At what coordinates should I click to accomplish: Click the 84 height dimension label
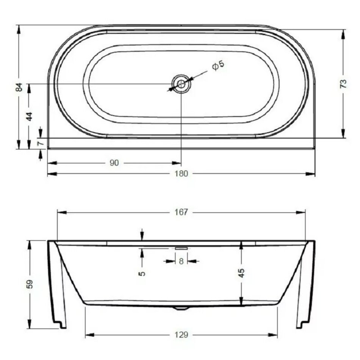point(19,87)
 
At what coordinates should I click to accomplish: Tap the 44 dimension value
point(30,116)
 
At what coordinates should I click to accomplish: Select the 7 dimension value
point(41,143)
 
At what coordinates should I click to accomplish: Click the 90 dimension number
point(114,163)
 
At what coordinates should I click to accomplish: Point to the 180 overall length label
point(182,174)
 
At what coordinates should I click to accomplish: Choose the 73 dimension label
point(343,84)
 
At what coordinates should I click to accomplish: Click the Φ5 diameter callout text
point(218,66)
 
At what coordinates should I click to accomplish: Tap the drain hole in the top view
point(181,84)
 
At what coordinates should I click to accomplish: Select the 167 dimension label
point(182,212)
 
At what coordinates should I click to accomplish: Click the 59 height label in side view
point(30,284)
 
